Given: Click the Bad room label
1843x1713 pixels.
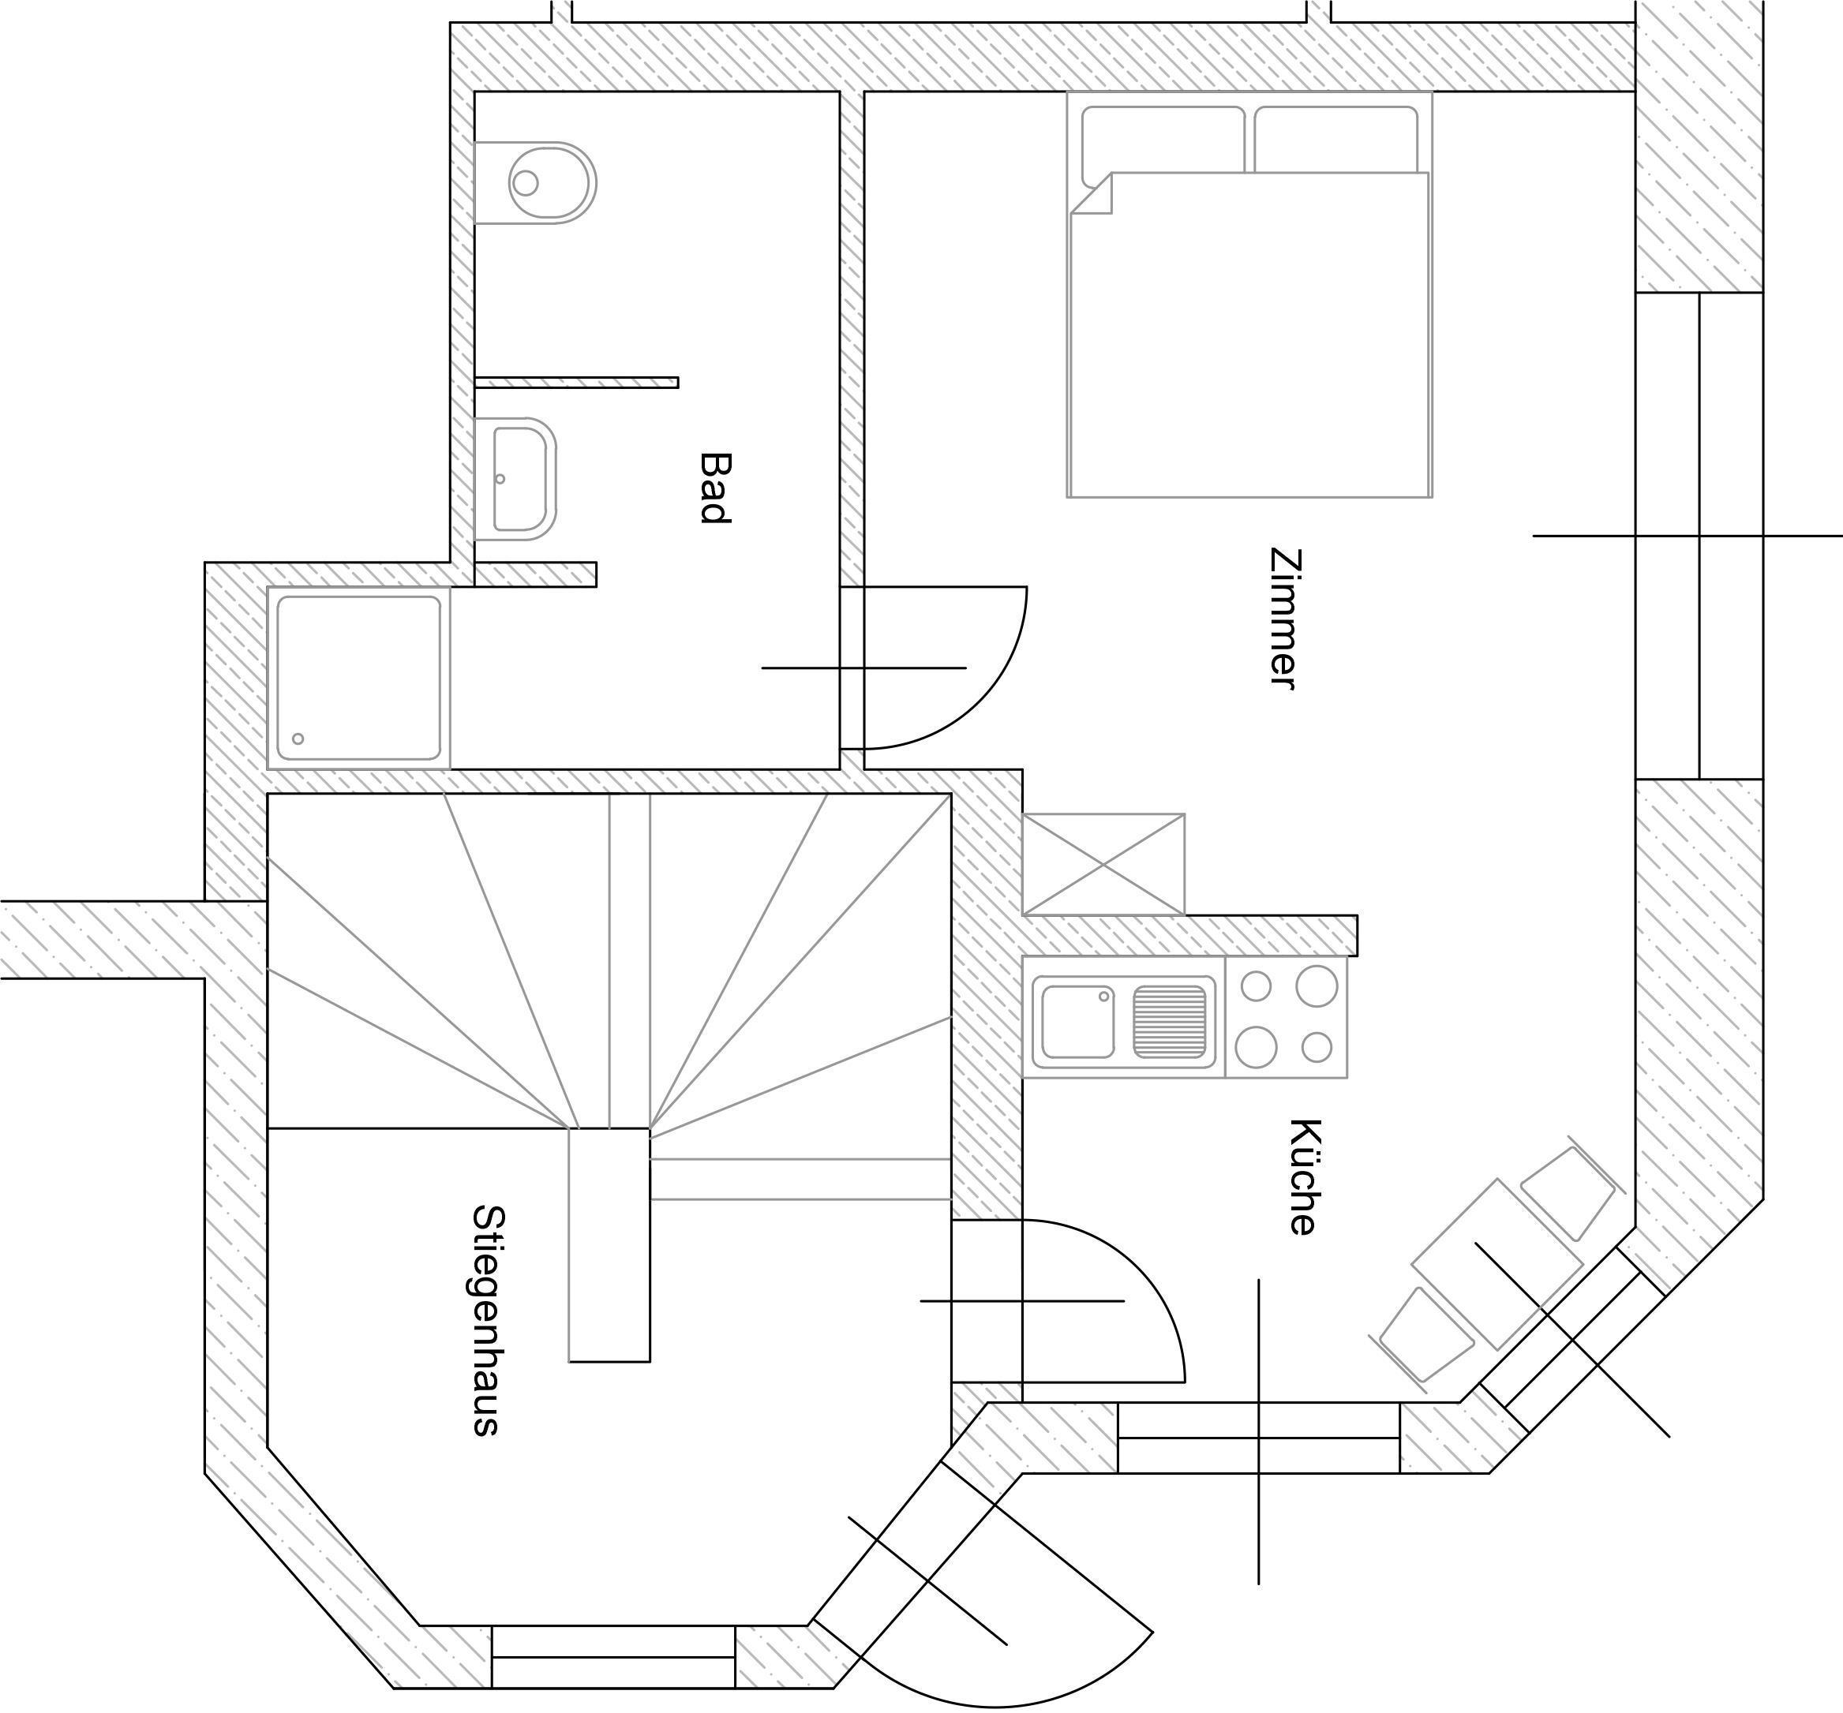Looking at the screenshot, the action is tap(714, 488).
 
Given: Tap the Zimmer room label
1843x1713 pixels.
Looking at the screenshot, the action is tap(1285, 619).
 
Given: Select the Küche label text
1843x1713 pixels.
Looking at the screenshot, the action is tap(1302, 1176).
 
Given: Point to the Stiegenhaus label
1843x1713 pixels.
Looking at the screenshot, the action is tap(487, 1321).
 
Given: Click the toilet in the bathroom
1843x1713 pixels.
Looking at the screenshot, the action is tap(535, 182).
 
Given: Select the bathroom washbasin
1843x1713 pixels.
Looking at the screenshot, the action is tap(515, 478).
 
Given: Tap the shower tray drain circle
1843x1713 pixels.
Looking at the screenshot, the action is tap(298, 739).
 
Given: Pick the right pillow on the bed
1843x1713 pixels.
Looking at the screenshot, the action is tap(1336, 139).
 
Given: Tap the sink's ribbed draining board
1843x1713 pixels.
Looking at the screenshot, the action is tap(1170, 1022).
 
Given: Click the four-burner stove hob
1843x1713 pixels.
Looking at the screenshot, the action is tap(1286, 1017).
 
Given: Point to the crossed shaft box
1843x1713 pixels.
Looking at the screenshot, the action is tap(1103, 865).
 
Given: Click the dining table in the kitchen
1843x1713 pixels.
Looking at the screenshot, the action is tap(1497, 1264).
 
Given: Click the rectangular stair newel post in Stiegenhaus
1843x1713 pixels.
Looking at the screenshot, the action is tap(609, 1245).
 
